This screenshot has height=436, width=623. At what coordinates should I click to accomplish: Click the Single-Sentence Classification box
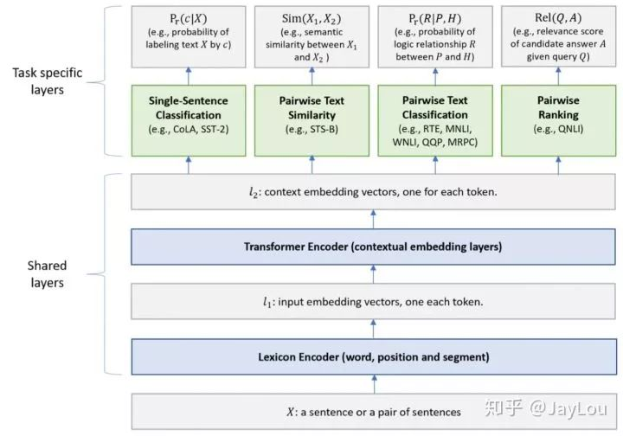coord(189,120)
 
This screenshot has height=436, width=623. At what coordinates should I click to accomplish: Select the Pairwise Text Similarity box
coord(311,120)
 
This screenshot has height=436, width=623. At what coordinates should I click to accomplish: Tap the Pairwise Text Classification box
coord(435,120)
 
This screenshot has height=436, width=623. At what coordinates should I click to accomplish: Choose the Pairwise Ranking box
coord(559,120)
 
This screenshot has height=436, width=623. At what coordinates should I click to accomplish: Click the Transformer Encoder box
coord(374,247)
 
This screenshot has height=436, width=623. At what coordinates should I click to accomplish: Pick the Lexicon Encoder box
coord(374,356)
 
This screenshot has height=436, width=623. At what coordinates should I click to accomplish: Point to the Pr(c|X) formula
coord(189,19)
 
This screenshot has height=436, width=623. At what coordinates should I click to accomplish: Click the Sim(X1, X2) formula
coord(311,19)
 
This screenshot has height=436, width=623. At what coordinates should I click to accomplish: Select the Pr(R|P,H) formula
coord(435,19)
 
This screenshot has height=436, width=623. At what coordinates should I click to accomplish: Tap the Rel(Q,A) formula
coord(558,18)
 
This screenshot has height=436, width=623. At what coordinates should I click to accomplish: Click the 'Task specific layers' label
coord(48,81)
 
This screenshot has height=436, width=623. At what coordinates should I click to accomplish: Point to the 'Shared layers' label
coord(48,274)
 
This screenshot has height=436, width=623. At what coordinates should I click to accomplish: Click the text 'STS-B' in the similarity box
coord(322,129)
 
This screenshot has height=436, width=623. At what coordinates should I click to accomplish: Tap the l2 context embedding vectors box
coord(374,192)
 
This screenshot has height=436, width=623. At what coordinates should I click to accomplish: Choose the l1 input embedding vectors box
coord(374,301)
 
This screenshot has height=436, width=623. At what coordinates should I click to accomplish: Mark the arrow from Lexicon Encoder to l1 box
coord(374,330)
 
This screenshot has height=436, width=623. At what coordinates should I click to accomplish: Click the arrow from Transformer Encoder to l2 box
coord(374,219)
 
